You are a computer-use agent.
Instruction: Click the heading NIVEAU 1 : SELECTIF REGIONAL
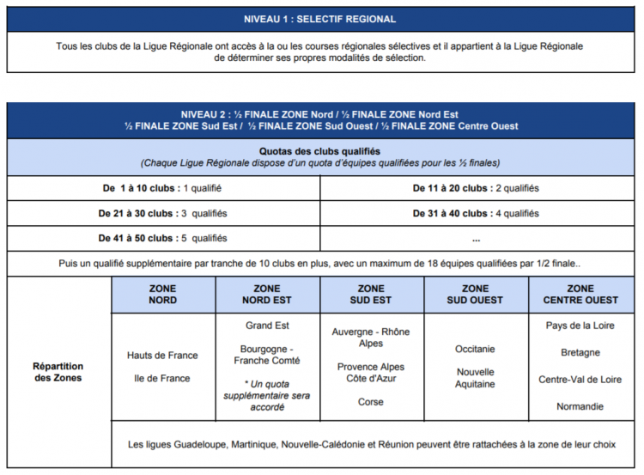[x=321, y=19]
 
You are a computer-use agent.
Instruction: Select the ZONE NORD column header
[x=162, y=294]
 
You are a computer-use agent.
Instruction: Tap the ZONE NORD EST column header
[x=267, y=294]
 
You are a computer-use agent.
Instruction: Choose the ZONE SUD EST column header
[x=371, y=294]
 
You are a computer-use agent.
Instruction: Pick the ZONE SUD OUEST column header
[x=475, y=294]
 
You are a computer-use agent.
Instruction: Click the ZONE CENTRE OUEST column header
[x=580, y=294]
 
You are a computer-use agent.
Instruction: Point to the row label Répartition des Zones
[x=58, y=371]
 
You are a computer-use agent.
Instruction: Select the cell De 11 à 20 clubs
[x=476, y=188]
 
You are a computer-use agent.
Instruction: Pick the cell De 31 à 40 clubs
[x=476, y=213]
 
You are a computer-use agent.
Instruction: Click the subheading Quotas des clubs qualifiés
[x=321, y=150]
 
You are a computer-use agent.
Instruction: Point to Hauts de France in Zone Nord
[x=162, y=355]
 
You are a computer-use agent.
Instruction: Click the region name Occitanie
[x=475, y=349]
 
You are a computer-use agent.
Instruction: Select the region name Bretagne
[x=580, y=352]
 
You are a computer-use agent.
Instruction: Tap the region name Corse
[x=371, y=402]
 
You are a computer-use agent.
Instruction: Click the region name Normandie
[x=580, y=406]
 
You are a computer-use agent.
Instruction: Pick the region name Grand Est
[x=267, y=326]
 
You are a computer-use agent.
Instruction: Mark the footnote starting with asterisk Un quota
[x=267, y=394]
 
